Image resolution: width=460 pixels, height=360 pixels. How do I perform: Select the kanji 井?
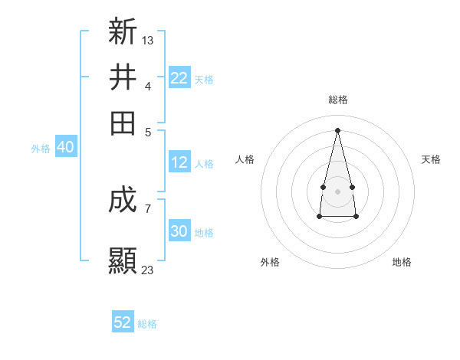point(123,77)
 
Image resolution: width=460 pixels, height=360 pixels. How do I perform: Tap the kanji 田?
point(123,123)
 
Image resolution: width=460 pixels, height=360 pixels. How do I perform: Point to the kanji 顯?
point(123,260)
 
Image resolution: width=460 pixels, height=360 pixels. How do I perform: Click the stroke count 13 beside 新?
point(148,40)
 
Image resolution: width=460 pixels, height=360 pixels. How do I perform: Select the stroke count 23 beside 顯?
point(148,270)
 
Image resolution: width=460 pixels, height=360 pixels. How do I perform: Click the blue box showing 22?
point(179,78)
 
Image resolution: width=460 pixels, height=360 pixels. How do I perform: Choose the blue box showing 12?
point(179,162)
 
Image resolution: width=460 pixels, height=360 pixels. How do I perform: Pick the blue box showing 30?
point(179,231)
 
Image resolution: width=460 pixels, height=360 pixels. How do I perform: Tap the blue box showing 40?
point(65,147)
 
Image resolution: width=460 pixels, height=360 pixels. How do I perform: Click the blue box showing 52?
point(123,322)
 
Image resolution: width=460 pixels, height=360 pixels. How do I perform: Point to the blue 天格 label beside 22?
point(204,79)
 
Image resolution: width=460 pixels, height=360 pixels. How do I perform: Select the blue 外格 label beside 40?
point(41,149)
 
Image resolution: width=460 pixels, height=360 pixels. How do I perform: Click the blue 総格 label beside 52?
point(147,324)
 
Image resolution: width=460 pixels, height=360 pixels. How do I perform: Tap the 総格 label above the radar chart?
point(338,100)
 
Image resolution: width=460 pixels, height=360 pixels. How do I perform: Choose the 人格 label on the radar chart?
point(245,159)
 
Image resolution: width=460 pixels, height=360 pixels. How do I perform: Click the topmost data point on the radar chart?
point(337,129)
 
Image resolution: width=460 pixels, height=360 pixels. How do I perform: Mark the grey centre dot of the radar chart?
point(337,190)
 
